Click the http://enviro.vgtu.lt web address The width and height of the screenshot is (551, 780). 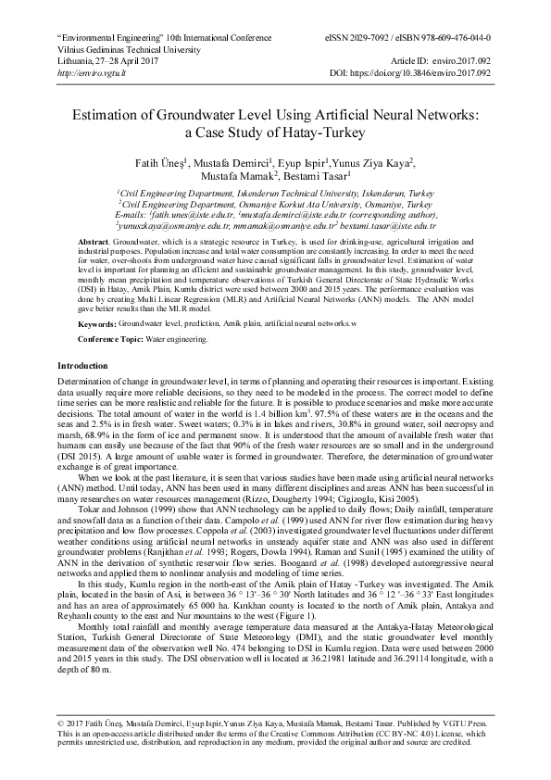[90, 71]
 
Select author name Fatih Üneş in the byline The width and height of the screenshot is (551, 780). [164, 162]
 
